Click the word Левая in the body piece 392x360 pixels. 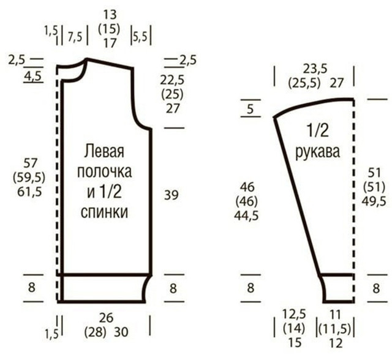104,151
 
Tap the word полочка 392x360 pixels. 105,171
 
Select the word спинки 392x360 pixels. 104,212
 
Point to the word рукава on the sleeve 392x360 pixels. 318,152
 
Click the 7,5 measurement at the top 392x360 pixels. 75,37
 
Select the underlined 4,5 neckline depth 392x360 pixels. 32,76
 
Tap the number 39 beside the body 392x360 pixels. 171,195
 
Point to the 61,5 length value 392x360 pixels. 29,192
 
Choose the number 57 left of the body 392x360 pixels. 30,163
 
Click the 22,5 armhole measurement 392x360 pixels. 172,80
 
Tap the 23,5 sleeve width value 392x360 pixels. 315,69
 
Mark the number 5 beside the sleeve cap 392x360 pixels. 251,109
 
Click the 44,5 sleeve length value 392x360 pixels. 246,216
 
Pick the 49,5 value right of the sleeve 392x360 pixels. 374,201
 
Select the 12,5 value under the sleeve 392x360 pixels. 294,314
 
